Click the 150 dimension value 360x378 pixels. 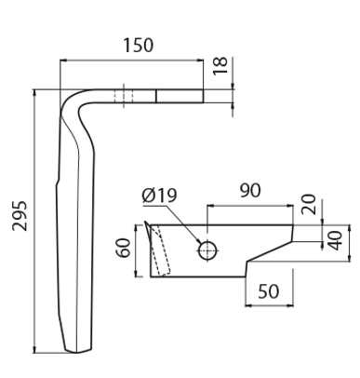tap(139, 46)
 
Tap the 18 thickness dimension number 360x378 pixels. tap(220, 66)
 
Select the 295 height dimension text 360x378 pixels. tap(20, 216)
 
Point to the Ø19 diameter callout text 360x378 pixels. tap(160, 196)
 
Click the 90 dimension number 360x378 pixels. tap(250, 191)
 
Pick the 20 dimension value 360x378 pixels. tap(309, 204)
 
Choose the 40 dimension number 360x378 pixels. tap(335, 240)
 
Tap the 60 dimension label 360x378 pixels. tap(124, 248)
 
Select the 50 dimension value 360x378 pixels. tap(269, 291)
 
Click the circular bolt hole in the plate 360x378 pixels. tap(207, 250)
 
